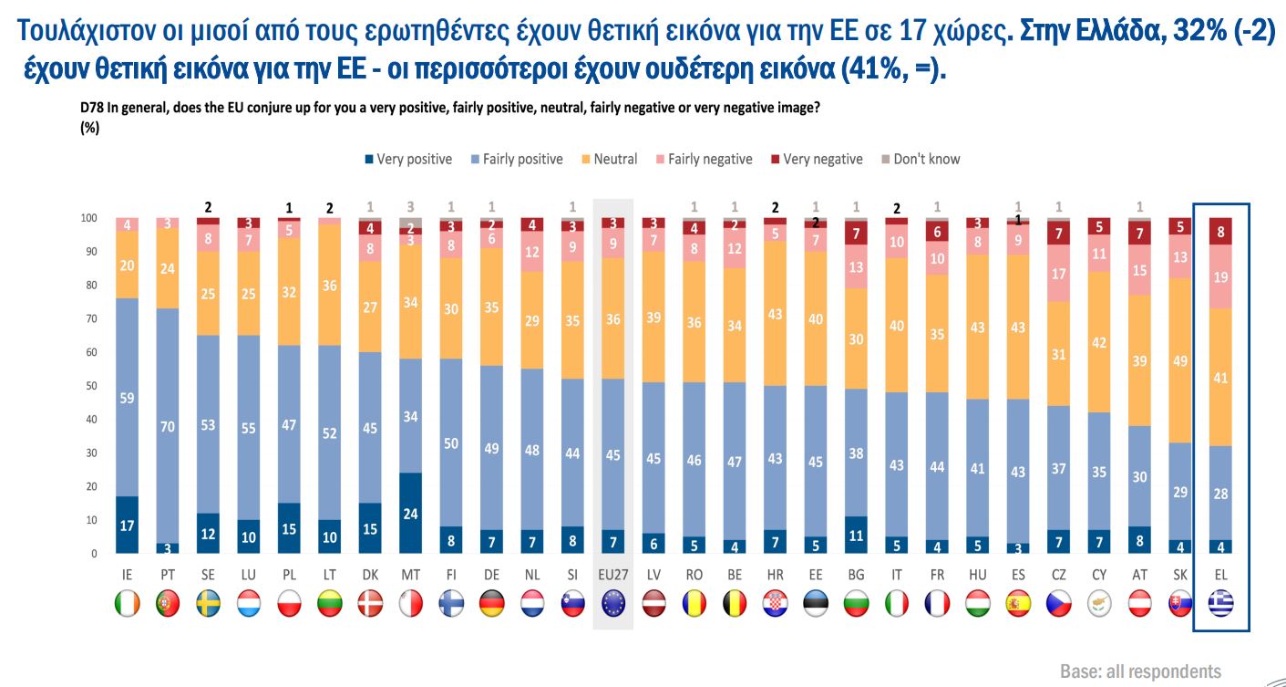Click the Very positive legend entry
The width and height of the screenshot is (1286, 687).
coord(407,159)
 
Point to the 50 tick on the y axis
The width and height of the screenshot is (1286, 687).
coord(89,386)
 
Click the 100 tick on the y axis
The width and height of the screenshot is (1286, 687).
coord(87,218)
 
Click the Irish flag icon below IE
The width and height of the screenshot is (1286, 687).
coord(127,603)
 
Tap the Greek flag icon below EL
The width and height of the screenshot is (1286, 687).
coord(1220,603)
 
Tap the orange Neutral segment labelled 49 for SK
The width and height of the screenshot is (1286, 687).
coord(1180,359)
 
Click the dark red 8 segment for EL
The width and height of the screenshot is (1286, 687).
coord(1220,232)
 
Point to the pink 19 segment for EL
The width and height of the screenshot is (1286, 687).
coord(1220,276)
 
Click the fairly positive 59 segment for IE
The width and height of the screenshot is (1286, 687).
coord(127,397)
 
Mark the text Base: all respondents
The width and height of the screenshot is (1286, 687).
coord(1139,671)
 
